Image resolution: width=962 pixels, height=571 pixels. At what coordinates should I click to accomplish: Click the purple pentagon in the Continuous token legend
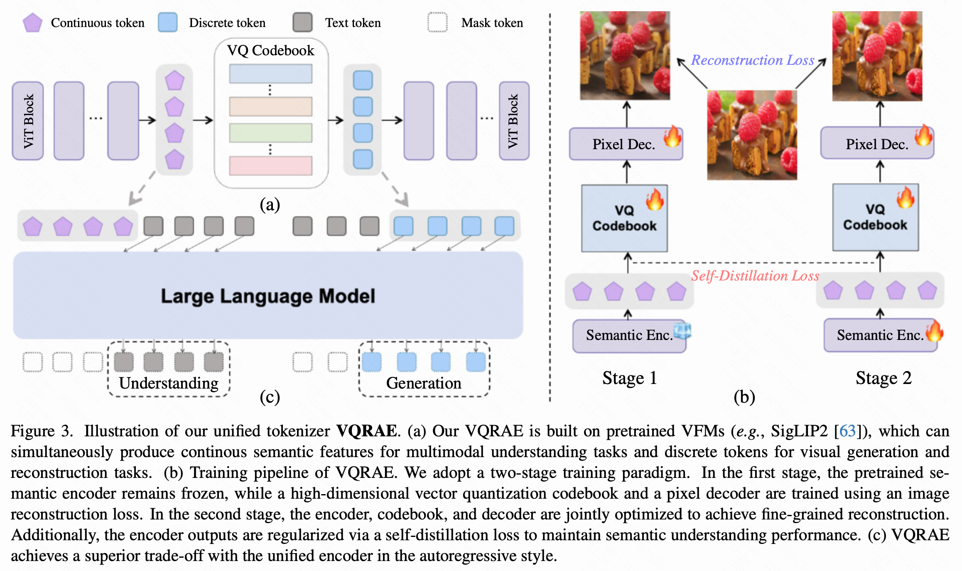coord(32,23)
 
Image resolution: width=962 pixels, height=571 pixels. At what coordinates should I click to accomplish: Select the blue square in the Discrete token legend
coord(167,22)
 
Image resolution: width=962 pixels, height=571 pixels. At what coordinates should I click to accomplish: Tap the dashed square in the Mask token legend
coord(437,22)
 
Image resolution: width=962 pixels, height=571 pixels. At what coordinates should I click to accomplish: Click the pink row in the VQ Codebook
coord(270,165)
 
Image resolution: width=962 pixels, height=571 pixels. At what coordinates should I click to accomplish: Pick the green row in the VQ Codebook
coord(270,133)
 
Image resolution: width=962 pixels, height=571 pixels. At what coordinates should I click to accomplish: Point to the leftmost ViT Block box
coord(28,121)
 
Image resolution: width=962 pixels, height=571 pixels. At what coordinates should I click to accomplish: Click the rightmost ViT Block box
coord(514,121)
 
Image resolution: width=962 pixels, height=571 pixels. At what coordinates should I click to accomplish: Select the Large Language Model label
coord(268,296)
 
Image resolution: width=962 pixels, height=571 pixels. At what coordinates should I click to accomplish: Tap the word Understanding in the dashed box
coord(169,383)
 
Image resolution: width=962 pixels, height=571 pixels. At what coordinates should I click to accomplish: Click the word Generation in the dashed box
coord(424,383)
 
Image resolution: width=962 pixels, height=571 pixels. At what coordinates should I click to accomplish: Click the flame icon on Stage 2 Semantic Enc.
coord(934,331)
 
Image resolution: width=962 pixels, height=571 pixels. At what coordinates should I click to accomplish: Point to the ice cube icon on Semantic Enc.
coord(682,330)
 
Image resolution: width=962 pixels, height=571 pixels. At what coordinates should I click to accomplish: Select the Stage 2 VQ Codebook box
coord(876,217)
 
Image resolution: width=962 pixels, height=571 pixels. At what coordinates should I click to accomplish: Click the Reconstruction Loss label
coord(752,60)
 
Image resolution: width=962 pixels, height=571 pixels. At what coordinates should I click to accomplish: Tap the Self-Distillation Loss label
coord(755,276)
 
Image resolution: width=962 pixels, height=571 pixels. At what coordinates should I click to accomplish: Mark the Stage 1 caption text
coord(630,378)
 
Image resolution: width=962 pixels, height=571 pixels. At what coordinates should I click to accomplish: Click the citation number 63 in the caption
coord(847,431)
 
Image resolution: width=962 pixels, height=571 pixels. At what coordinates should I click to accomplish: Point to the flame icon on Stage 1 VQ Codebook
coord(655,199)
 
